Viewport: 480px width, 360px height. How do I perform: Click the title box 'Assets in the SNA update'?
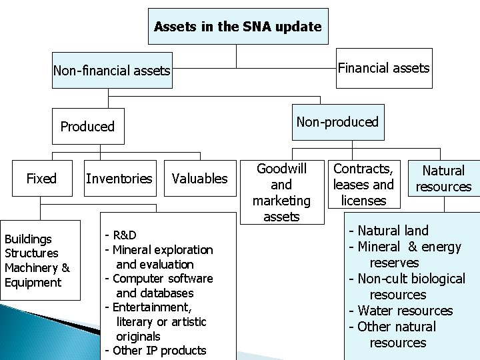(237, 27)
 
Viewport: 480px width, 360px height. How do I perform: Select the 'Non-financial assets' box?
(112, 70)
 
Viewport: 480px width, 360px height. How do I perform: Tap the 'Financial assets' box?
(383, 68)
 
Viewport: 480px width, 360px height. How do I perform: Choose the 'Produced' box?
(87, 126)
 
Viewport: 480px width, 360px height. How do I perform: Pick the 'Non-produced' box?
(337, 122)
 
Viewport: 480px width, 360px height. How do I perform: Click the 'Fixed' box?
(41, 178)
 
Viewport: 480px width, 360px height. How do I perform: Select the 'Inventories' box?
(119, 178)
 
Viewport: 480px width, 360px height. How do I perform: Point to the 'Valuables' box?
(199, 178)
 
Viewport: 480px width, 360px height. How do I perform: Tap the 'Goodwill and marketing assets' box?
(281, 192)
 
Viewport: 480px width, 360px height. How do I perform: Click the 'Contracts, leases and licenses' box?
(363, 184)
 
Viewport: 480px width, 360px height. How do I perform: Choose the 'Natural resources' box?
(443, 179)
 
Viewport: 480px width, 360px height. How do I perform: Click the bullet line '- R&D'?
(121, 235)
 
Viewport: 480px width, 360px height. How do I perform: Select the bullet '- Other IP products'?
(155, 351)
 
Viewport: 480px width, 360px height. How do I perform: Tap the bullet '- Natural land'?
(389, 231)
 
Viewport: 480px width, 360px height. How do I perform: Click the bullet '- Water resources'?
(401, 311)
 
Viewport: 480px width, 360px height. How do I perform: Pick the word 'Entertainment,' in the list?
(152, 307)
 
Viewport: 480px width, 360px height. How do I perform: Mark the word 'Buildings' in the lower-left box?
(28, 239)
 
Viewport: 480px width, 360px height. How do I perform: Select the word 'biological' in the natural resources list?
(435, 279)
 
